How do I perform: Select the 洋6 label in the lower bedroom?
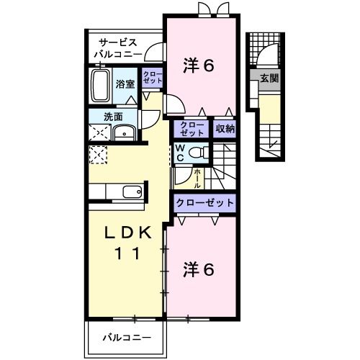click(198, 269)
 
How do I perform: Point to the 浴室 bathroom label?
click(125, 84)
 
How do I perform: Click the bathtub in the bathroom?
click(101, 85)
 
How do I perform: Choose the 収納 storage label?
click(225, 130)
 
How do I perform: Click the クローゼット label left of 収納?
click(192, 129)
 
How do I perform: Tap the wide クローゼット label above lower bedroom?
click(205, 203)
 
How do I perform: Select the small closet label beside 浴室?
click(152, 78)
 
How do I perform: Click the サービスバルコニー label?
click(118, 48)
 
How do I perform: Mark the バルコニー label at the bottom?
click(126, 337)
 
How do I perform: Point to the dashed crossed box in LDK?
click(97, 155)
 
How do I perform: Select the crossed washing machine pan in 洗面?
click(97, 132)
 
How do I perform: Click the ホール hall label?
click(197, 177)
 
